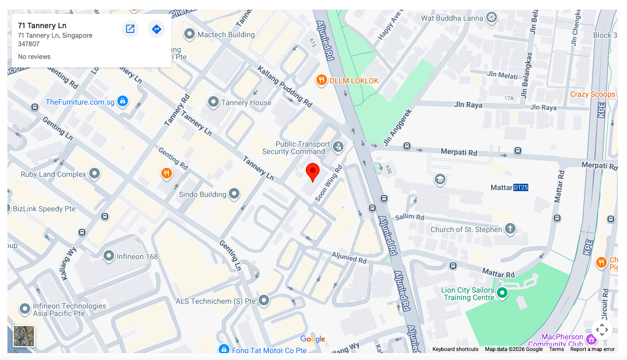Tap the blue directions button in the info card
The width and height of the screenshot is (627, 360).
(x=156, y=29)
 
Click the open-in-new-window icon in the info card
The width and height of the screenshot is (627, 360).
(x=130, y=29)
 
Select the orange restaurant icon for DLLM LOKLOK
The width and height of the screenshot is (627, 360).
(x=321, y=81)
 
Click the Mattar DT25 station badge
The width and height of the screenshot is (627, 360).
(x=520, y=187)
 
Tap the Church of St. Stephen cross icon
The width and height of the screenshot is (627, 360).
(x=510, y=229)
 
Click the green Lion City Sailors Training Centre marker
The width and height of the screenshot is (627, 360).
(x=502, y=293)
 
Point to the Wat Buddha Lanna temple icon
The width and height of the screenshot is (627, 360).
(x=492, y=18)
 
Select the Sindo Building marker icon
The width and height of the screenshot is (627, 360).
(x=234, y=194)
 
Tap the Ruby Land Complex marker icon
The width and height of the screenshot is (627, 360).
(x=95, y=174)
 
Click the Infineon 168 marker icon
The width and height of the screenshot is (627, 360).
(x=109, y=256)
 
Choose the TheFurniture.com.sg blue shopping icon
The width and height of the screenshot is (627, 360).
(x=123, y=101)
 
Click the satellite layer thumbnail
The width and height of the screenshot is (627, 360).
(x=24, y=336)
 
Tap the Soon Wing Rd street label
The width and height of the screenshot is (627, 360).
(x=329, y=183)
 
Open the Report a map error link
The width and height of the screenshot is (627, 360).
(x=592, y=349)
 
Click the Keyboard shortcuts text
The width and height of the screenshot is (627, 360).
(x=455, y=349)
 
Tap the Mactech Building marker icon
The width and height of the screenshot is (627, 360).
(x=190, y=35)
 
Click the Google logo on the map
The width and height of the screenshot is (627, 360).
(x=312, y=339)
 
